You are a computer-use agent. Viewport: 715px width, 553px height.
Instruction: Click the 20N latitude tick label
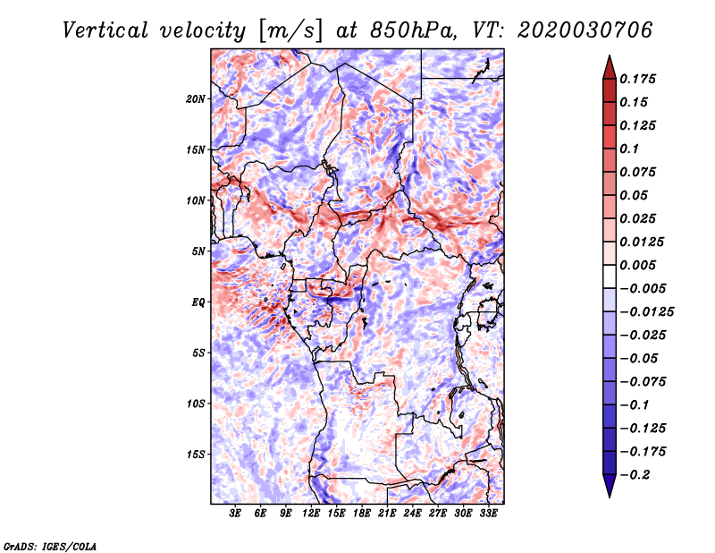(x=196, y=98)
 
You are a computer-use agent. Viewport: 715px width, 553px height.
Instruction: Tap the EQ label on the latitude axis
(x=198, y=302)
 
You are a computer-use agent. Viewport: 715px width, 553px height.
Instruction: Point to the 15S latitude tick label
(x=196, y=455)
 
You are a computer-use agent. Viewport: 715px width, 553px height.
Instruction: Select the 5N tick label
(x=198, y=251)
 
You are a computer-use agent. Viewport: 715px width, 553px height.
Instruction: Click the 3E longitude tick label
(x=235, y=514)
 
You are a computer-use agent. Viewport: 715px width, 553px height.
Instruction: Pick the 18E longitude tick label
(x=362, y=514)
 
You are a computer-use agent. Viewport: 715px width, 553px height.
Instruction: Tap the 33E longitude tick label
(x=488, y=514)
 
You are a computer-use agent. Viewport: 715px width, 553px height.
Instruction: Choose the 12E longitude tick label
(x=311, y=514)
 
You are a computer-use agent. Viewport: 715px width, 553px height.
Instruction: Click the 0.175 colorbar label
(x=638, y=79)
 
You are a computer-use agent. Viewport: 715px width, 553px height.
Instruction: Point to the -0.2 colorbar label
(x=635, y=475)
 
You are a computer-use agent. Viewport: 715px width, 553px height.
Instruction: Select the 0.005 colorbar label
(x=638, y=265)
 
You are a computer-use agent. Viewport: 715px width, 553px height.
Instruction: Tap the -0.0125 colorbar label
(x=647, y=312)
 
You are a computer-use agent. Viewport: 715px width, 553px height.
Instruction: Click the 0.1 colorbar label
(x=629, y=149)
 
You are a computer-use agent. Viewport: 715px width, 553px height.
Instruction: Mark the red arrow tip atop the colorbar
(x=610, y=55)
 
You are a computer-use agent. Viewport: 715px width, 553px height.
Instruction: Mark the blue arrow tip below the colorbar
(x=610, y=497)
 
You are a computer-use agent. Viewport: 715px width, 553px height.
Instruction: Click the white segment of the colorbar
(x=610, y=276)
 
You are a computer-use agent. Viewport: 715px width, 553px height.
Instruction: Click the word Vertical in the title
(x=105, y=30)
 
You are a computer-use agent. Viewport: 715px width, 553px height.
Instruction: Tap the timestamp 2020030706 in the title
(x=585, y=30)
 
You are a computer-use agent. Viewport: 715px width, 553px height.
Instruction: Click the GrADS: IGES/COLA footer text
(x=50, y=546)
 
